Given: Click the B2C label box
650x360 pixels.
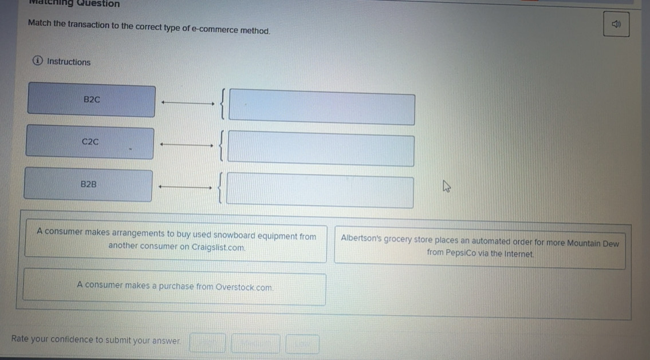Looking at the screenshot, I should [x=92, y=100].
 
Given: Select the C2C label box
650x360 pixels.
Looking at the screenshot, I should [x=90, y=142].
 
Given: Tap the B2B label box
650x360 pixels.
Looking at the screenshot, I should [x=88, y=185].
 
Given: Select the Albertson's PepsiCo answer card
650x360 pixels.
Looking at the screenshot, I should [x=480, y=248].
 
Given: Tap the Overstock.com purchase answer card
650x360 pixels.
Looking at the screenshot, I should [x=175, y=287].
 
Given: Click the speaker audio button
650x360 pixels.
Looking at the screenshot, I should [x=616, y=25].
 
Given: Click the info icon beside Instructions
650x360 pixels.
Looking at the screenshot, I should [x=38, y=61].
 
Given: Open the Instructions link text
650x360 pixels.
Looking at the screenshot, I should [x=69, y=62].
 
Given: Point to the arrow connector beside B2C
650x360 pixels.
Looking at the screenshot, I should [x=187, y=103].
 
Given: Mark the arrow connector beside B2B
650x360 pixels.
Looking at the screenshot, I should [x=185, y=187].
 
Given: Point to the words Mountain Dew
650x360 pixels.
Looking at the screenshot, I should [x=593, y=243].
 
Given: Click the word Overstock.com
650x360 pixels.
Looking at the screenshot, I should [x=245, y=287].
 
